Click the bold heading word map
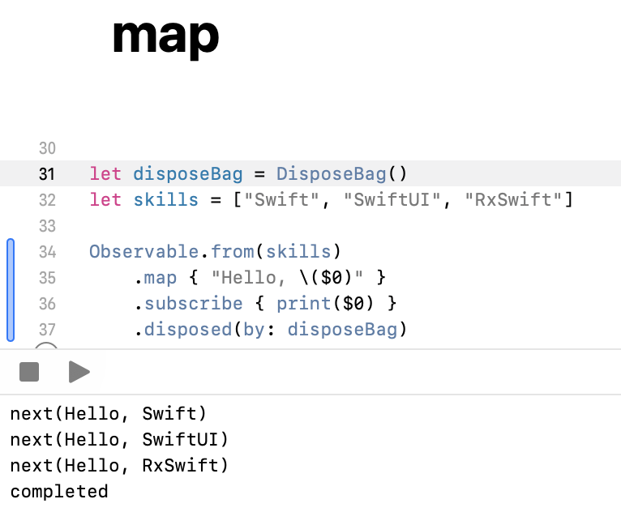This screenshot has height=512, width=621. tap(165, 36)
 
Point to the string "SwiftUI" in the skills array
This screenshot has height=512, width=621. tap(392, 199)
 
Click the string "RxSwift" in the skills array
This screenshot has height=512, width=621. tap(513, 199)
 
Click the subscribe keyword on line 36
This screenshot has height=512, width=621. tap(193, 303)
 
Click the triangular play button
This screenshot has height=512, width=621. tap(79, 372)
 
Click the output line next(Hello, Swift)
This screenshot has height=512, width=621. tap(109, 414)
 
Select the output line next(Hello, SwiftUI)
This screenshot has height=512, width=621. tap(119, 440)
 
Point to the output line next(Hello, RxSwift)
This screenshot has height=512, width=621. tap(119, 466)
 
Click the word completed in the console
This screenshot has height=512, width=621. tap(59, 492)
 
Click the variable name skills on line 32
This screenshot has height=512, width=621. tap(165, 199)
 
